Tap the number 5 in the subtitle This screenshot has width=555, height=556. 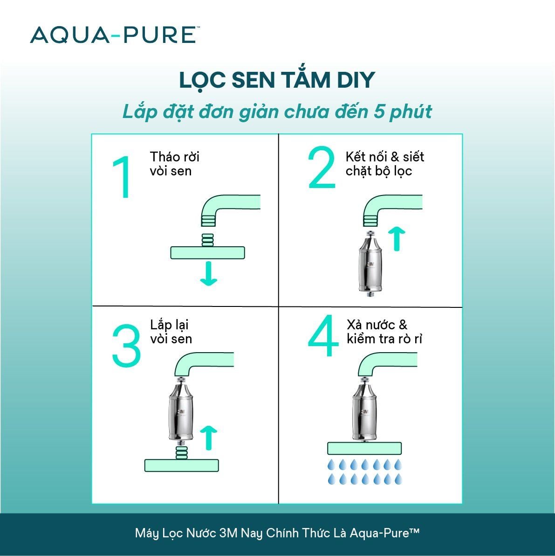pos(376,112)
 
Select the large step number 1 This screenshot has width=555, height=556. pos(121,178)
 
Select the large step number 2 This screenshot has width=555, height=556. pos(322,168)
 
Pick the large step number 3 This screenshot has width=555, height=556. pos(126,346)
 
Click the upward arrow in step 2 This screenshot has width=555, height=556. pos(397,238)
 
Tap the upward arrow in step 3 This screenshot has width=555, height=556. pos(208,438)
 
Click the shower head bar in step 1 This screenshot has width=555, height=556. pos(208,253)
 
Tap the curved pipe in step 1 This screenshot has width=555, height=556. pos(224,205)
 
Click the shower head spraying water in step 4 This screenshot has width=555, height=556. pos(364,449)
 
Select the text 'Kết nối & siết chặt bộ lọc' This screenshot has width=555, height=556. pos(384,164)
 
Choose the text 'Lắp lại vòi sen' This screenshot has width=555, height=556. pos(171,332)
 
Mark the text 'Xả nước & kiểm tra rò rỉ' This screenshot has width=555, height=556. pos(384,332)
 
